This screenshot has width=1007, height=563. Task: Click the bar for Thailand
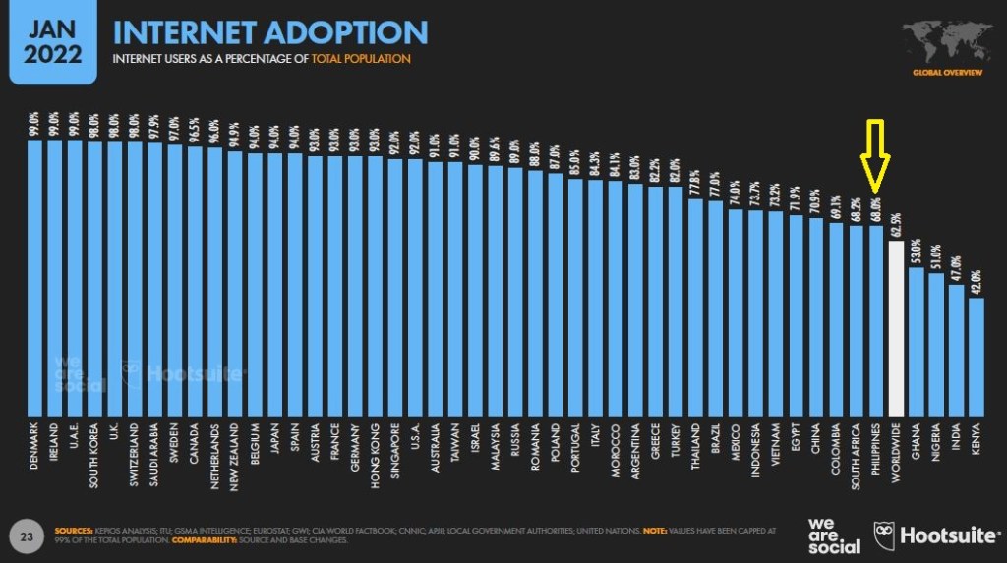coord(695,306)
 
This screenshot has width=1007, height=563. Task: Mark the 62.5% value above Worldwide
coord(896,226)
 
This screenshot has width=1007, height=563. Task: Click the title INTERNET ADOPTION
coord(270,32)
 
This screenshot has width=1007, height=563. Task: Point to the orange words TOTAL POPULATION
coord(361,59)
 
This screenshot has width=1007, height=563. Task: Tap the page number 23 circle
coord(28,535)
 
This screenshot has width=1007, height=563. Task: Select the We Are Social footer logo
coord(833,535)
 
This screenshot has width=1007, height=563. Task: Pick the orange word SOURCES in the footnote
coord(75,529)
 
